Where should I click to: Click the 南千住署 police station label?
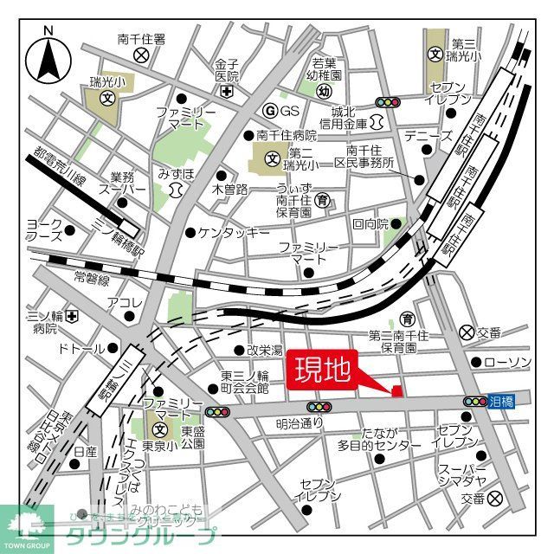coord(142,39)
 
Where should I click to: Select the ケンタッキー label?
coord(233,232)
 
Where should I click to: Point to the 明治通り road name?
coord(299,423)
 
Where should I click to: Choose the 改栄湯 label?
coord(264,351)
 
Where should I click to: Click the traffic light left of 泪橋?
coord(474,402)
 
